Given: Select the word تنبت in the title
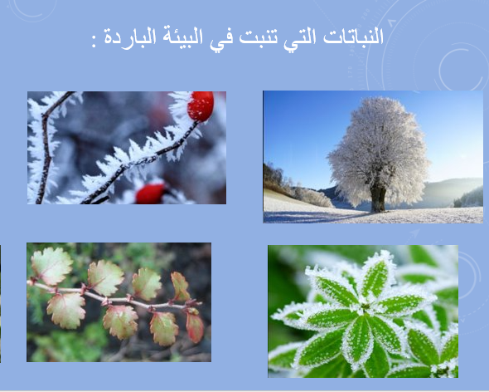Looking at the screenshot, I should pyautogui.click(x=269, y=40).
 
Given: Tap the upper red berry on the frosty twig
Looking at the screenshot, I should pyautogui.click(x=200, y=105).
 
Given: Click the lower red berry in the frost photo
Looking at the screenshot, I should pyautogui.click(x=151, y=194).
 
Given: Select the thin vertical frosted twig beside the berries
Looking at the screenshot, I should pyautogui.click(x=46, y=149).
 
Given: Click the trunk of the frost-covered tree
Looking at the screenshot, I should pyautogui.click(x=378, y=197).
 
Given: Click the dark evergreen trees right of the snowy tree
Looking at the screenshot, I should pyautogui.click(x=471, y=198).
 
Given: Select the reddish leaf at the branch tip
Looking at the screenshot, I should pyautogui.click(x=195, y=326).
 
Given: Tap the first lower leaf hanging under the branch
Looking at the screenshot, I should pyautogui.click(x=65, y=310).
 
